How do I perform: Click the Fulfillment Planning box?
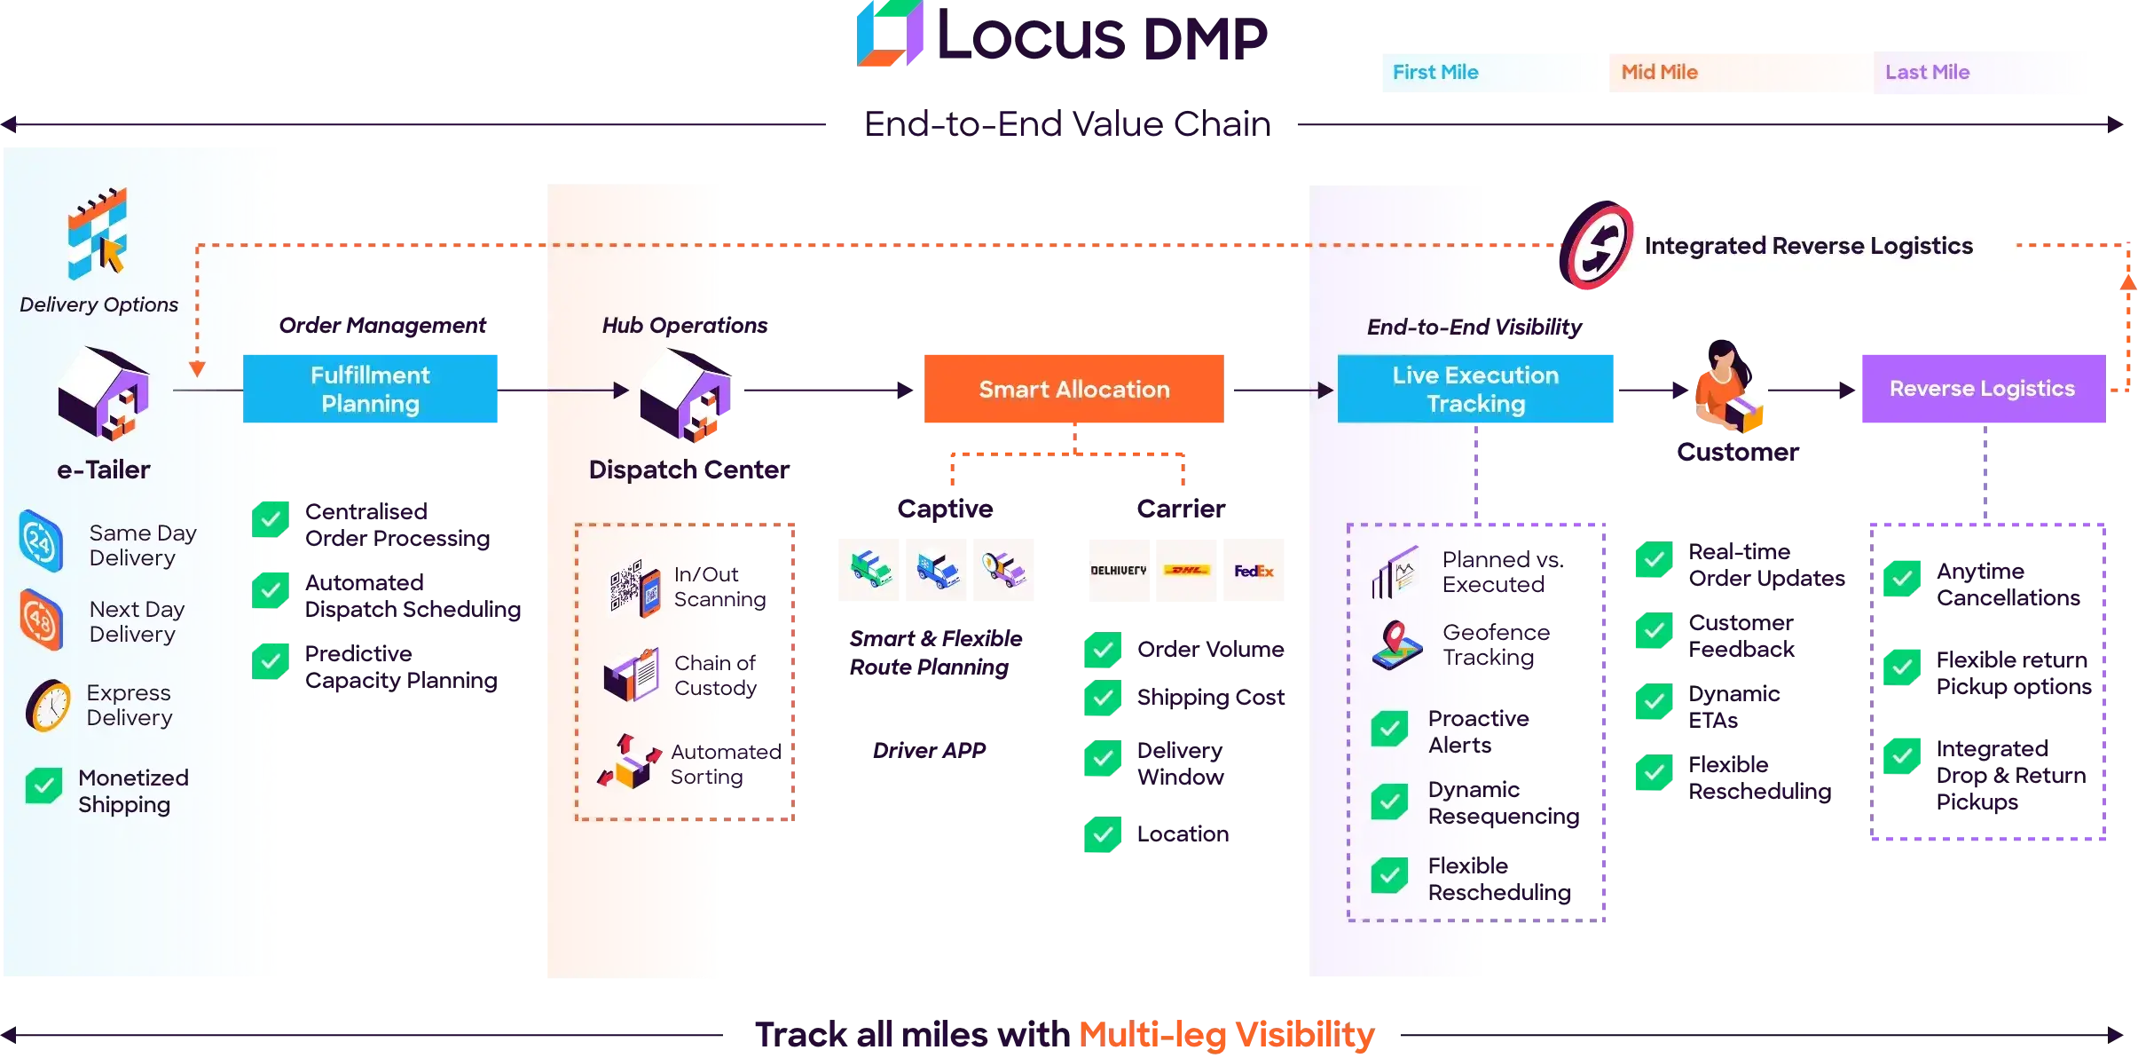click(x=372, y=389)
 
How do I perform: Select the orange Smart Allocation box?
click(x=1074, y=389)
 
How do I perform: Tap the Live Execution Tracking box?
click(x=1476, y=389)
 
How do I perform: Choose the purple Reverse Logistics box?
click(x=1982, y=389)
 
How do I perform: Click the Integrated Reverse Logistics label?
click(x=1808, y=246)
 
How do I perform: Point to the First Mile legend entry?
click(x=1435, y=72)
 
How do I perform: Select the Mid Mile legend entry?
click(x=1659, y=72)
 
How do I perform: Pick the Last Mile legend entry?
click(x=1927, y=72)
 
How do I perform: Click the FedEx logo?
click(x=1254, y=571)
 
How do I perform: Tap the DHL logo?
click(x=1186, y=571)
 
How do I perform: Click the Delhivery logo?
click(x=1118, y=571)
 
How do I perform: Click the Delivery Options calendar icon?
click(x=98, y=233)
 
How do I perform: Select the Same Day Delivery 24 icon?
click(x=41, y=541)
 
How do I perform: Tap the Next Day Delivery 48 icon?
click(x=41, y=620)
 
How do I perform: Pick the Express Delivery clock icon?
click(x=48, y=706)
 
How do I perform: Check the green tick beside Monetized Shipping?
click(x=43, y=786)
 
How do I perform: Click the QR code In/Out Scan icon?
click(x=634, y=588)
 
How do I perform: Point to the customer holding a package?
click(x=1725, y=391)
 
